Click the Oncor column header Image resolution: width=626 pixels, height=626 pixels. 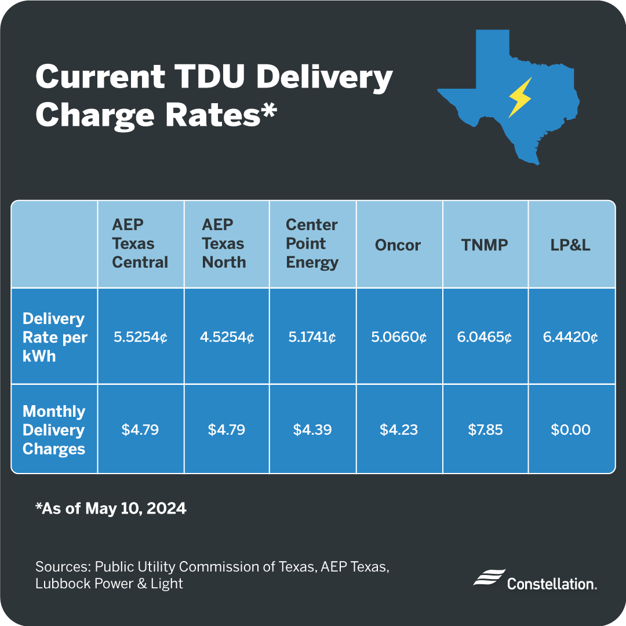point(398,244)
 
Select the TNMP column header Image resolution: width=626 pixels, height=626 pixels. point(485,244)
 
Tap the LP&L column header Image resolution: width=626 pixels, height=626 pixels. point(570,244)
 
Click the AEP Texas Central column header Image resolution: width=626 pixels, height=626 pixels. point(140,244)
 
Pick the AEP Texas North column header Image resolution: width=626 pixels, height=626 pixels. point(224,244)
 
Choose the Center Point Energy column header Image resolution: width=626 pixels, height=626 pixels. point(312,244)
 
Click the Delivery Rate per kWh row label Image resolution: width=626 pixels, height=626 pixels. point(54,337)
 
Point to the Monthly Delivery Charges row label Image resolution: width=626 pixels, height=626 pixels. point(54,430)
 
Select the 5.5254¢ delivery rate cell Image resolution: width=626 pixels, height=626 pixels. point(140,337)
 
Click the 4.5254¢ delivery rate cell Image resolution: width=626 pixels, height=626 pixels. point(226,337)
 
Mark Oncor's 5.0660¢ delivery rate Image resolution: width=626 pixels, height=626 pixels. point(399,337)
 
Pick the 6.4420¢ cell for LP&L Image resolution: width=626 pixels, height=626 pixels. point(570,337)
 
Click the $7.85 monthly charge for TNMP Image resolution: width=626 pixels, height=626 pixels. point(485,430)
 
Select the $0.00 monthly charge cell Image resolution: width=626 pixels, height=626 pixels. point(570,430)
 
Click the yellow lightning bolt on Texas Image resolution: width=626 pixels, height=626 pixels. point(519,97)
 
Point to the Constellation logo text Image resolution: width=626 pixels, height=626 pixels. point(551,583)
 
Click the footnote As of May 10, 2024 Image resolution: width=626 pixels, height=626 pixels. point(111,509)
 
